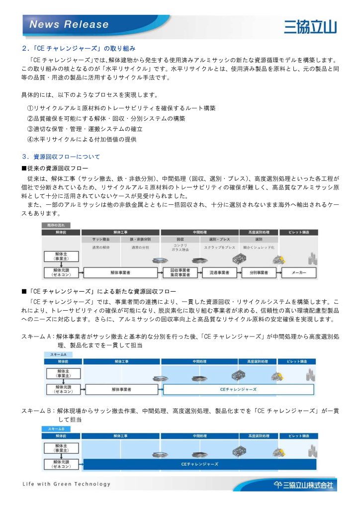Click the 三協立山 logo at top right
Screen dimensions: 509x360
point(310,25)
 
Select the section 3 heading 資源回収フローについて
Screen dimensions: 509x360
point(61,157)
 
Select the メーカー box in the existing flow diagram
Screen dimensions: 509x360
point(299,273)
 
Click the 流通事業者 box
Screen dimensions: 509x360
point(219,273)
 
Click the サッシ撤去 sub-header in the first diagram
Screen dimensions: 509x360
point(101,240)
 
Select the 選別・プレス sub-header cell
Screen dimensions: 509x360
point(219,240)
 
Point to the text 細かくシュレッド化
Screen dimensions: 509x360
point(259,247)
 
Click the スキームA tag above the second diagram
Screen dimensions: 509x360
point(58,354)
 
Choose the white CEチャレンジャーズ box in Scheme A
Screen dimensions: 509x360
point(240,389)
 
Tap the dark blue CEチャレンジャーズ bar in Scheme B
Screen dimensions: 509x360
point(199,464)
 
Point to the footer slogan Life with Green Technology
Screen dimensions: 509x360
point(67,484)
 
